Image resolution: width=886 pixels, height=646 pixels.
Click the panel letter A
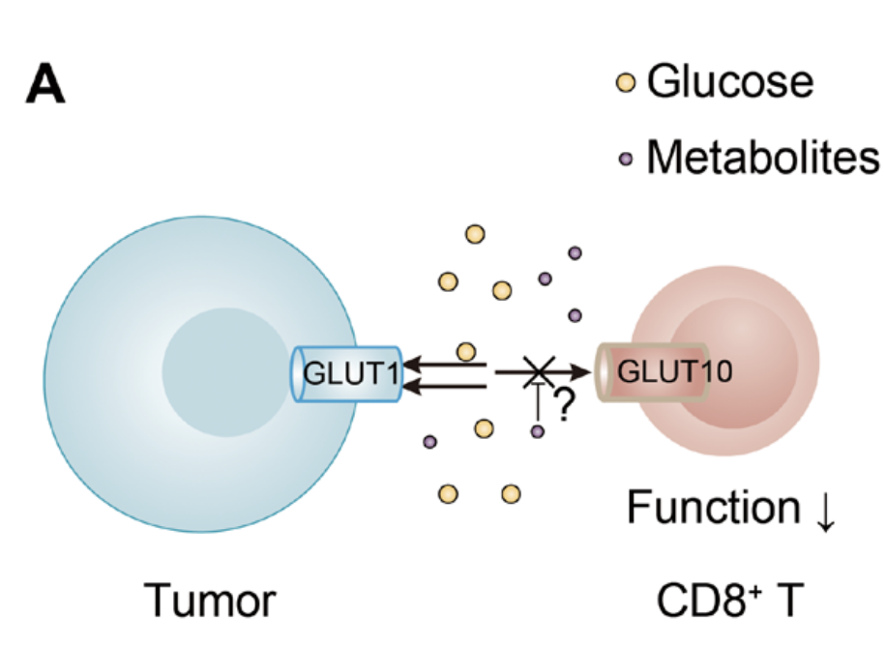44,84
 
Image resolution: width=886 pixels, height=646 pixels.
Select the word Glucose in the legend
729,81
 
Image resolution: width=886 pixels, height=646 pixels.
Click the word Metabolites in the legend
762,157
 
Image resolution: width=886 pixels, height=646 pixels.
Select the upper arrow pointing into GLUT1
445,365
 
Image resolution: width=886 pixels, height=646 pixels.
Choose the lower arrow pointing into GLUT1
445,388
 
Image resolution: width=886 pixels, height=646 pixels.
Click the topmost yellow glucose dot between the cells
475,234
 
